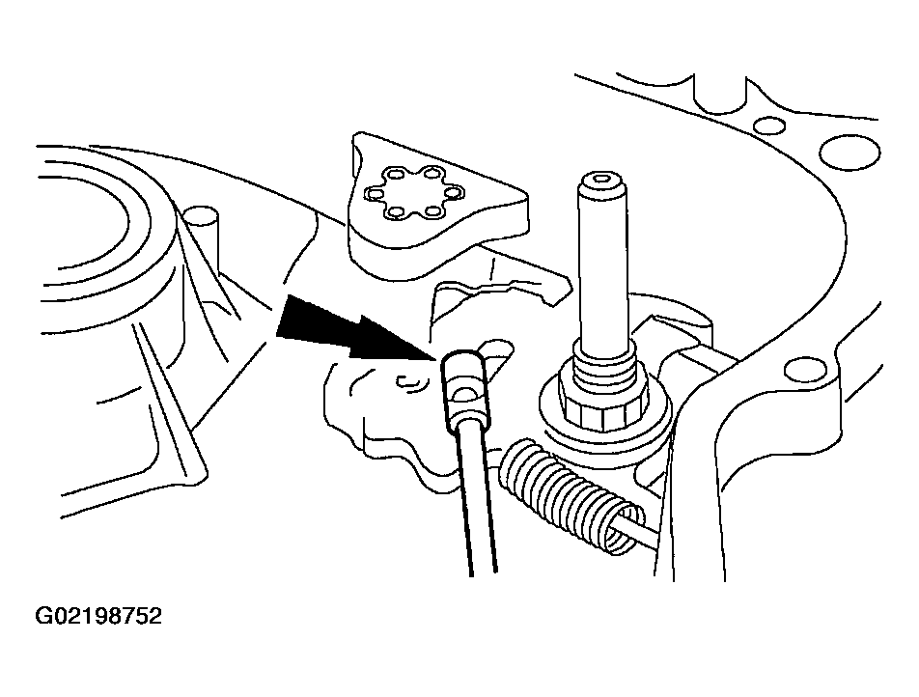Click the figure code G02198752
[98, 616]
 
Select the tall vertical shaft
[603, 264]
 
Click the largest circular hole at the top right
[849, 152]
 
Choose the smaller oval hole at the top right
[769, 125]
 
